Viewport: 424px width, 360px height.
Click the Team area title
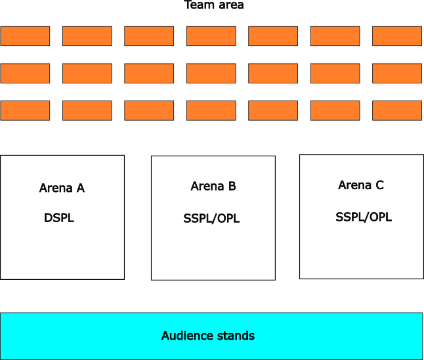coord(214,5)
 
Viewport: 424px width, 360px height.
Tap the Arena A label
coord(62,189)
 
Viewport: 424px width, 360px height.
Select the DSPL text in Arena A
coord(59,218)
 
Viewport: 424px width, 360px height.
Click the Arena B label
coord(213,187)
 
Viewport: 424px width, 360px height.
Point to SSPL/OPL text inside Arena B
coord(211,219)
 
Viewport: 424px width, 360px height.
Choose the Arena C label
coord(361,185)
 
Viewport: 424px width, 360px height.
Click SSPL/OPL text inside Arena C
coord(364,217)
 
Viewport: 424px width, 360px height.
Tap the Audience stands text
coord(208,336)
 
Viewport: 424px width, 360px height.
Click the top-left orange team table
coord(25,36)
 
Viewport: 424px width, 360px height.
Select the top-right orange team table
coord(397,36)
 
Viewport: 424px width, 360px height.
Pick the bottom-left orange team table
coord(25,110)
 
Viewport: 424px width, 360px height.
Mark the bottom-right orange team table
coord(397,110)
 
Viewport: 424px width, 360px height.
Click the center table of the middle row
coord(211,73)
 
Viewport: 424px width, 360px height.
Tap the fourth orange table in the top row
coord(211,36)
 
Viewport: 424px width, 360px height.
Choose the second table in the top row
coord(87,36)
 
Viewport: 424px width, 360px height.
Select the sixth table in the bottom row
coord(335,110)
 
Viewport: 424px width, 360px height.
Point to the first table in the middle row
coord(25,73)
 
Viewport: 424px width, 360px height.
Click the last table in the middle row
coord(397,73)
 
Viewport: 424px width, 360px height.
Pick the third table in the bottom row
coord(149,110)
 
